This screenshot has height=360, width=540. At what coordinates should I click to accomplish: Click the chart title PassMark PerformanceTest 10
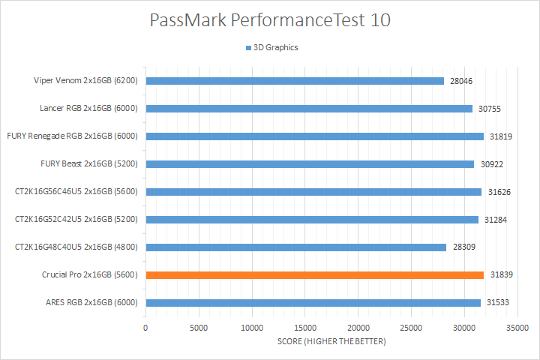(269, 21)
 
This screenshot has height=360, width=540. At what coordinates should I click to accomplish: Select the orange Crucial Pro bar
(315, 275)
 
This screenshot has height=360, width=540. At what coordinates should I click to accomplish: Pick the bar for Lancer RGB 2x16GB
(309, 109)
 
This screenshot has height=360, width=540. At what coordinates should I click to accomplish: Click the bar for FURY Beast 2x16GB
(310, 164)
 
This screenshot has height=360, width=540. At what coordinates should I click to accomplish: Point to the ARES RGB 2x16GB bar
(313, 303)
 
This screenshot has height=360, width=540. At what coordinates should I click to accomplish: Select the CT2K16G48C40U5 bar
(296, 247)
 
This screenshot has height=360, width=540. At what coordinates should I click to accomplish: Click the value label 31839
(501, 275)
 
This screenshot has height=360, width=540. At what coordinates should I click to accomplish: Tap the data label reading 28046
(462, 81)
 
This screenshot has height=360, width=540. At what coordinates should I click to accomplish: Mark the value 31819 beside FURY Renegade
(501, 136)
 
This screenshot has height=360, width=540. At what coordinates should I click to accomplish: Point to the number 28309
(463, 247)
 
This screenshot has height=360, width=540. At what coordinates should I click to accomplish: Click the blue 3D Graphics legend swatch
(247, 48)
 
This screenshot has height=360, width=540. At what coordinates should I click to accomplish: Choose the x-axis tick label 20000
(358, 328)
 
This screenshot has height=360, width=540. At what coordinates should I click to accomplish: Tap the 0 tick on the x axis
(145, 328)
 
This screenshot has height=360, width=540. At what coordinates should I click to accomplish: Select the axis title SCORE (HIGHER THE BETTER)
(331, 342)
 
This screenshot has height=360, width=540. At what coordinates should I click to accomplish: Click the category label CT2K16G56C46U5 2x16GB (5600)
(76, 192)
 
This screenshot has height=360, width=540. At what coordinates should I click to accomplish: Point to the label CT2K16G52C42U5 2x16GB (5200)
(76, 220)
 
